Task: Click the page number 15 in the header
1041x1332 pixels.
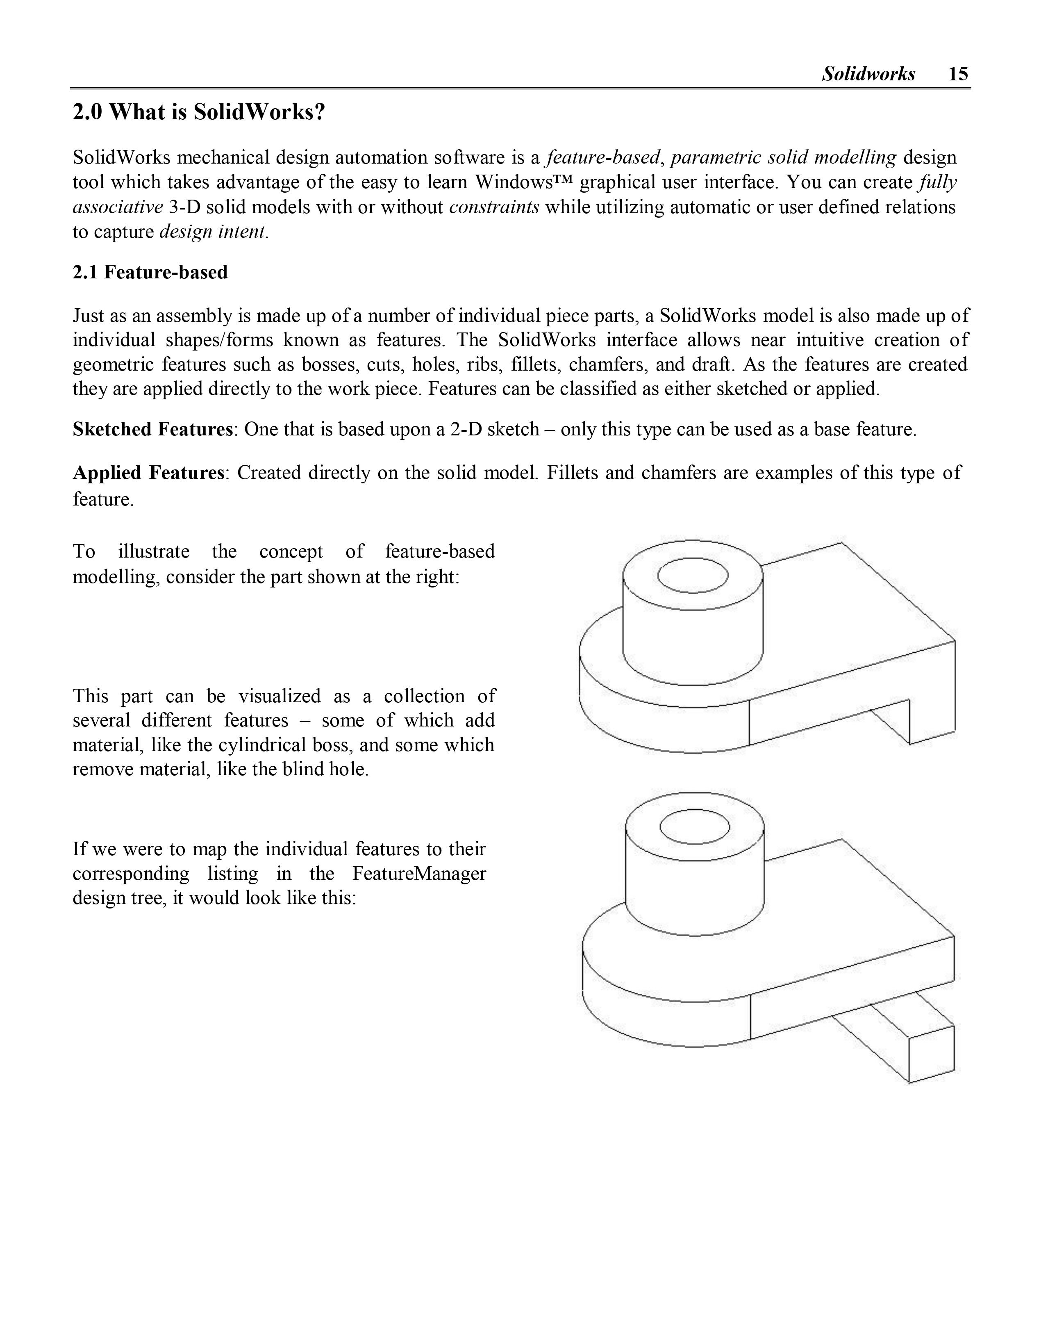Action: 958,74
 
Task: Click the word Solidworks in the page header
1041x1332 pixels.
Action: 868,74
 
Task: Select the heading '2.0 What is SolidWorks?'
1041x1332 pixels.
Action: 199,112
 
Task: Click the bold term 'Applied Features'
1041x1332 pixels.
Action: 148,473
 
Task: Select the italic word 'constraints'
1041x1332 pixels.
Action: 494,207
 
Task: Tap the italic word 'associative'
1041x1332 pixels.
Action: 118,207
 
